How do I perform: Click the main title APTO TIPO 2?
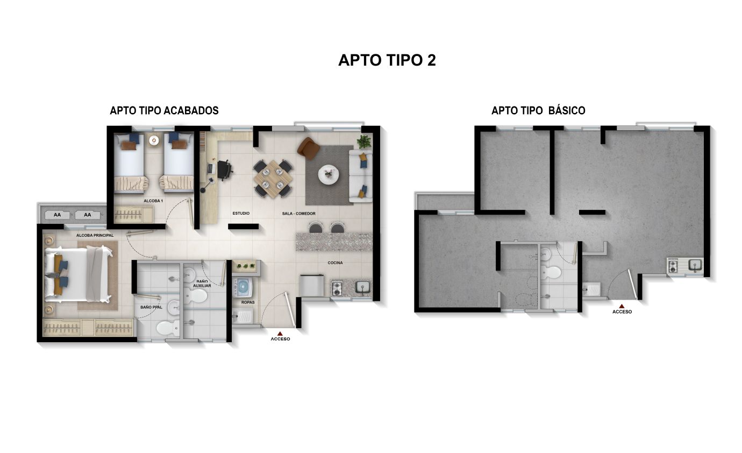387,60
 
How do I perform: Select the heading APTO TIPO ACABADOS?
164,110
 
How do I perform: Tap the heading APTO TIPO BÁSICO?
538,110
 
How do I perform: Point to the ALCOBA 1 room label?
153,201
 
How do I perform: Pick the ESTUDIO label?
241,214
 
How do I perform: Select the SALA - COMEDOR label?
298,214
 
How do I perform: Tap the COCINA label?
336,263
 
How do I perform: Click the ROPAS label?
248,302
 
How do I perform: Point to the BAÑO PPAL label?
151,307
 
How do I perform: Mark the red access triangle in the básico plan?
622,306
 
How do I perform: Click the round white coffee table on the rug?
328,174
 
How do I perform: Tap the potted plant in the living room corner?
364,141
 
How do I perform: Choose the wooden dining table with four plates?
273,177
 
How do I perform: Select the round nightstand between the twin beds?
154,140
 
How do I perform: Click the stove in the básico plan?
673,266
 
